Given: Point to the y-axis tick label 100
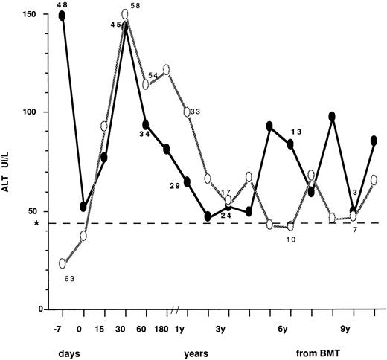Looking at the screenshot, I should pyautogui.click(x=33, y=112).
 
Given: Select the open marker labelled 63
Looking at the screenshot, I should pyautogui.click(x=63, y=263).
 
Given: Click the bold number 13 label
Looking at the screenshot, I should pyautogui.click(x=296, y=132).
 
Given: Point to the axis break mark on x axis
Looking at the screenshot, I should pyautogui.click(x=176, y=309).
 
